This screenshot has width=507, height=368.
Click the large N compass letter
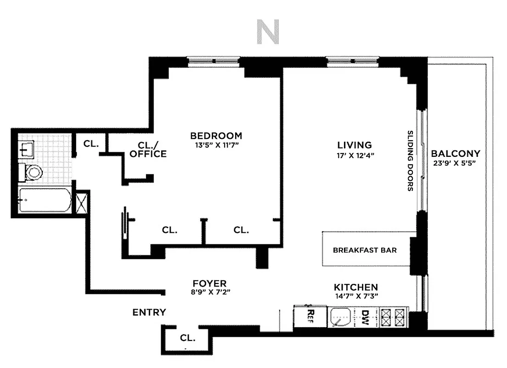268,33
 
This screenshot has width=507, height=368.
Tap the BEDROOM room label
216,136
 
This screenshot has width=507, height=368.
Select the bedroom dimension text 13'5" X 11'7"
216,145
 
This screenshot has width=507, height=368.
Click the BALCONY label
456,154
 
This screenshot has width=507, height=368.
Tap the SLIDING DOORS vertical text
410,161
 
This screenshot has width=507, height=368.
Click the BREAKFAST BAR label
365,250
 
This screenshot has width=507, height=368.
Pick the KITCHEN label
356,287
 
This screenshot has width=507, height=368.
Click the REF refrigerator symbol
310,316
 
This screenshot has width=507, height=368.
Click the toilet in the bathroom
32,172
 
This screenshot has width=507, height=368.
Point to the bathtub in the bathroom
45,200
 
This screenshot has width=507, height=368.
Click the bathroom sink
25,148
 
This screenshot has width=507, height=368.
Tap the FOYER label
209,283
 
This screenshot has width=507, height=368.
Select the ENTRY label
149,312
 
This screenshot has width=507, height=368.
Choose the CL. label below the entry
187,338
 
